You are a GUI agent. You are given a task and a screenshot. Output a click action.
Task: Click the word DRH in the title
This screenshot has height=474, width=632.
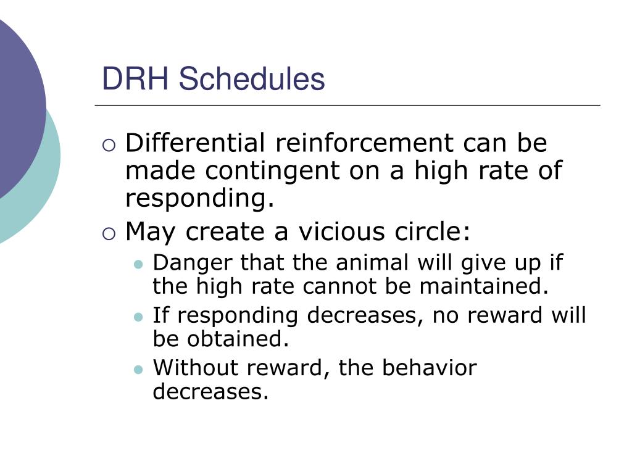135,78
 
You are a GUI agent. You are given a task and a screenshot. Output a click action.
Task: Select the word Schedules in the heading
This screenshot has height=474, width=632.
252,78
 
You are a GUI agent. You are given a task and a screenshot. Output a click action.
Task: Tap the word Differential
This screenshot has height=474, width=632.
195,143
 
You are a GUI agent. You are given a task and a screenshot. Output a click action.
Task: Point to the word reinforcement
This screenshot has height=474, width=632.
364,143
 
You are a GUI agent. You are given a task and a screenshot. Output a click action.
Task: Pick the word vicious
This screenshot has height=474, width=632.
341,232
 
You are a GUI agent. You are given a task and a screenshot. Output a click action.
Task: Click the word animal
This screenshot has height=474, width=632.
372,262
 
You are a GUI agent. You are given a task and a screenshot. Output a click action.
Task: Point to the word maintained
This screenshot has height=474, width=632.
484,286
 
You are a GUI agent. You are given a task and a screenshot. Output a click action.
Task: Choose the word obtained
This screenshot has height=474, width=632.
238,339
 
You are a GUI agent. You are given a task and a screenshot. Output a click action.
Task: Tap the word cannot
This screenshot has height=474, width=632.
339,286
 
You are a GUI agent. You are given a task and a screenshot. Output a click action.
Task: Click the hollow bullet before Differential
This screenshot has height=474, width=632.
109,145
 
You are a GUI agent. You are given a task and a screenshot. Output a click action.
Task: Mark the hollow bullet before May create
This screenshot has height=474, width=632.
109,234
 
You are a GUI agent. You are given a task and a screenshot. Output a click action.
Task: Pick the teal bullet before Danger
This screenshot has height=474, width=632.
138,265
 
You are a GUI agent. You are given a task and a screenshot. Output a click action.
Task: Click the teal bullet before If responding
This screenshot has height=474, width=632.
138,317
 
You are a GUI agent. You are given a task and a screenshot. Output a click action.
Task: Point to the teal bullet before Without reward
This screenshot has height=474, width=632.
138,370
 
